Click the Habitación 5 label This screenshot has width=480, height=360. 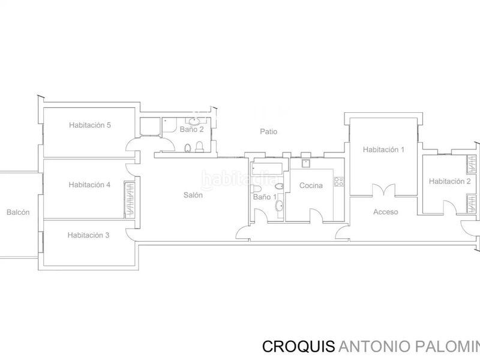click(x=89, y=125)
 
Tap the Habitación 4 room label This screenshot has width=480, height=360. click(x=89, y=185)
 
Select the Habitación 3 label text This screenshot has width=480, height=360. click(x=88, y=235)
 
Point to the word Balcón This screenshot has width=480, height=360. click(x=18, y=212)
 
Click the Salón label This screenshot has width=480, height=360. click(x=193, y=195)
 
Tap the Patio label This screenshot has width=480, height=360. click(x=268, y=131)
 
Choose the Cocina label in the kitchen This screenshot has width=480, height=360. click(x=311, y=185)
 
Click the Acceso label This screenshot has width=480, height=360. click(x=385, y=212)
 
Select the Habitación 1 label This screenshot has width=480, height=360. click(x=383, y=149)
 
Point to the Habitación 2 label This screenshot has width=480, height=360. click(x=449, y=181)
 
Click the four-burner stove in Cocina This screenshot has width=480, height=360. click(x=339, y=182)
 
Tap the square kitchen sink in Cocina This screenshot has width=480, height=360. click(x=306, y=163)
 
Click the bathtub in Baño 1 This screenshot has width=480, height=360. click(x=266, y=169)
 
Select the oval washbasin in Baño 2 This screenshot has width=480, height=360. click(x=193, y=121)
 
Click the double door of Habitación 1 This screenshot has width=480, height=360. click(x=383, y=190)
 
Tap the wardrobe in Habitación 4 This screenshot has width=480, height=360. click(x=130, y=200)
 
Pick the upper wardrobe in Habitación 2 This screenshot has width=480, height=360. click(x=472, y=164)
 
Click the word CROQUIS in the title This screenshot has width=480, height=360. click(x=298, y=347)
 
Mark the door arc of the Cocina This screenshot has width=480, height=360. click(x=316, y=215)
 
